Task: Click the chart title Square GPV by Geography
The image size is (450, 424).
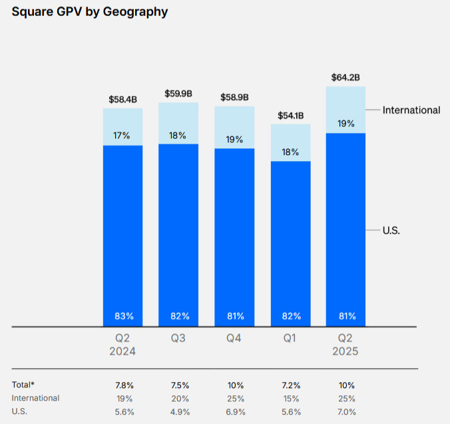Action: click(x=90, y=12)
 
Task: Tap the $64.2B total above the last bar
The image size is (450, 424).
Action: click(x=345, y=77)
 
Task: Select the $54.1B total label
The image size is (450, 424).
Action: click(x=290, y=115)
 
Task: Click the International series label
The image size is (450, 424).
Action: click(x=411, y=110)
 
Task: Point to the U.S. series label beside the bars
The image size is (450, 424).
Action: click(x=391, y=230)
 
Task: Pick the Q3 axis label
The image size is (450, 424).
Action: click(x=178, y=338)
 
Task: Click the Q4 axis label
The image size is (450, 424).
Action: click(x=234, y=338)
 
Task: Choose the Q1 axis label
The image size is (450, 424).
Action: click(x=290, y=338)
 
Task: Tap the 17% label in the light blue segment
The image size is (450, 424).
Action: click(x=122, y=135)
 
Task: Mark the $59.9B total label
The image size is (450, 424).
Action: click(x=178, y=93)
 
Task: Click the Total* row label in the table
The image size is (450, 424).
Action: click(x=23, y=385)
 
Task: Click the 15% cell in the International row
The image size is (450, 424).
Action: click(x=290, y=398)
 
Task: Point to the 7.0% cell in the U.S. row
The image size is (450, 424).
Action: click(x=346, y=411)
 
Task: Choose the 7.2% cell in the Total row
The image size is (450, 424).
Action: click(x=290, y=385)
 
